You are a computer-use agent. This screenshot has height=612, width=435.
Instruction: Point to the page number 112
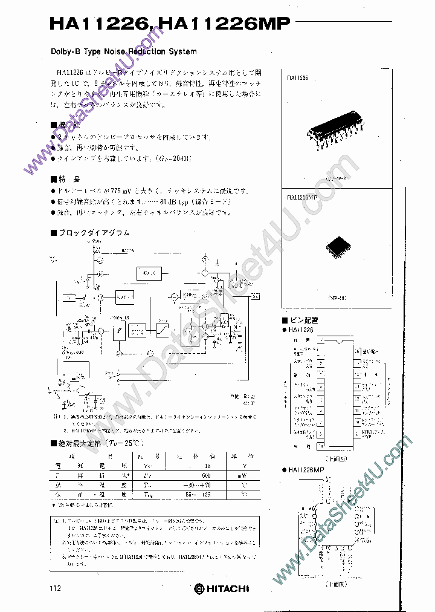point(56,588)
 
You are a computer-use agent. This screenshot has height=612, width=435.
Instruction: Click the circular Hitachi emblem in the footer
point(199,588)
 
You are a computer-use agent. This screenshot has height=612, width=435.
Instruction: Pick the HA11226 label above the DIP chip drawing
point(298,78)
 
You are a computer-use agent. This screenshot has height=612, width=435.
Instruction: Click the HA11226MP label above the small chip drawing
point(303,197)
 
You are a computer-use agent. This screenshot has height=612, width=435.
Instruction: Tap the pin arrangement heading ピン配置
point(304,321)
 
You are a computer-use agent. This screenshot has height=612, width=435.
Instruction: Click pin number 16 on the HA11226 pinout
point(358,351)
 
